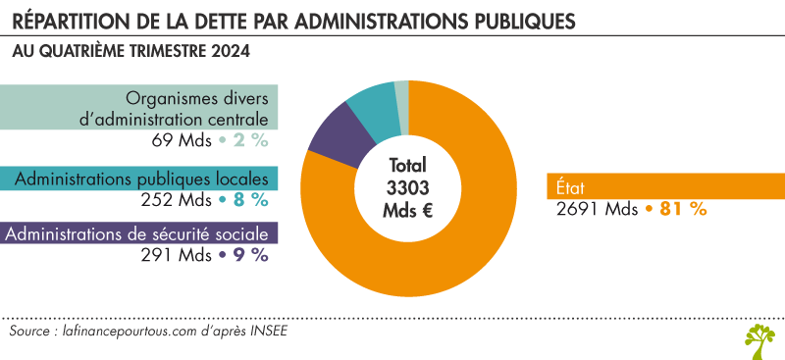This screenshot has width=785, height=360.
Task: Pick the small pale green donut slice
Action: tap(401, 91)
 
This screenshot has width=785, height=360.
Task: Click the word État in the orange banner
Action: tap(570, 186)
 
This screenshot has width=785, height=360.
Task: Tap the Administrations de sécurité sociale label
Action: tap(138, 234)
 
